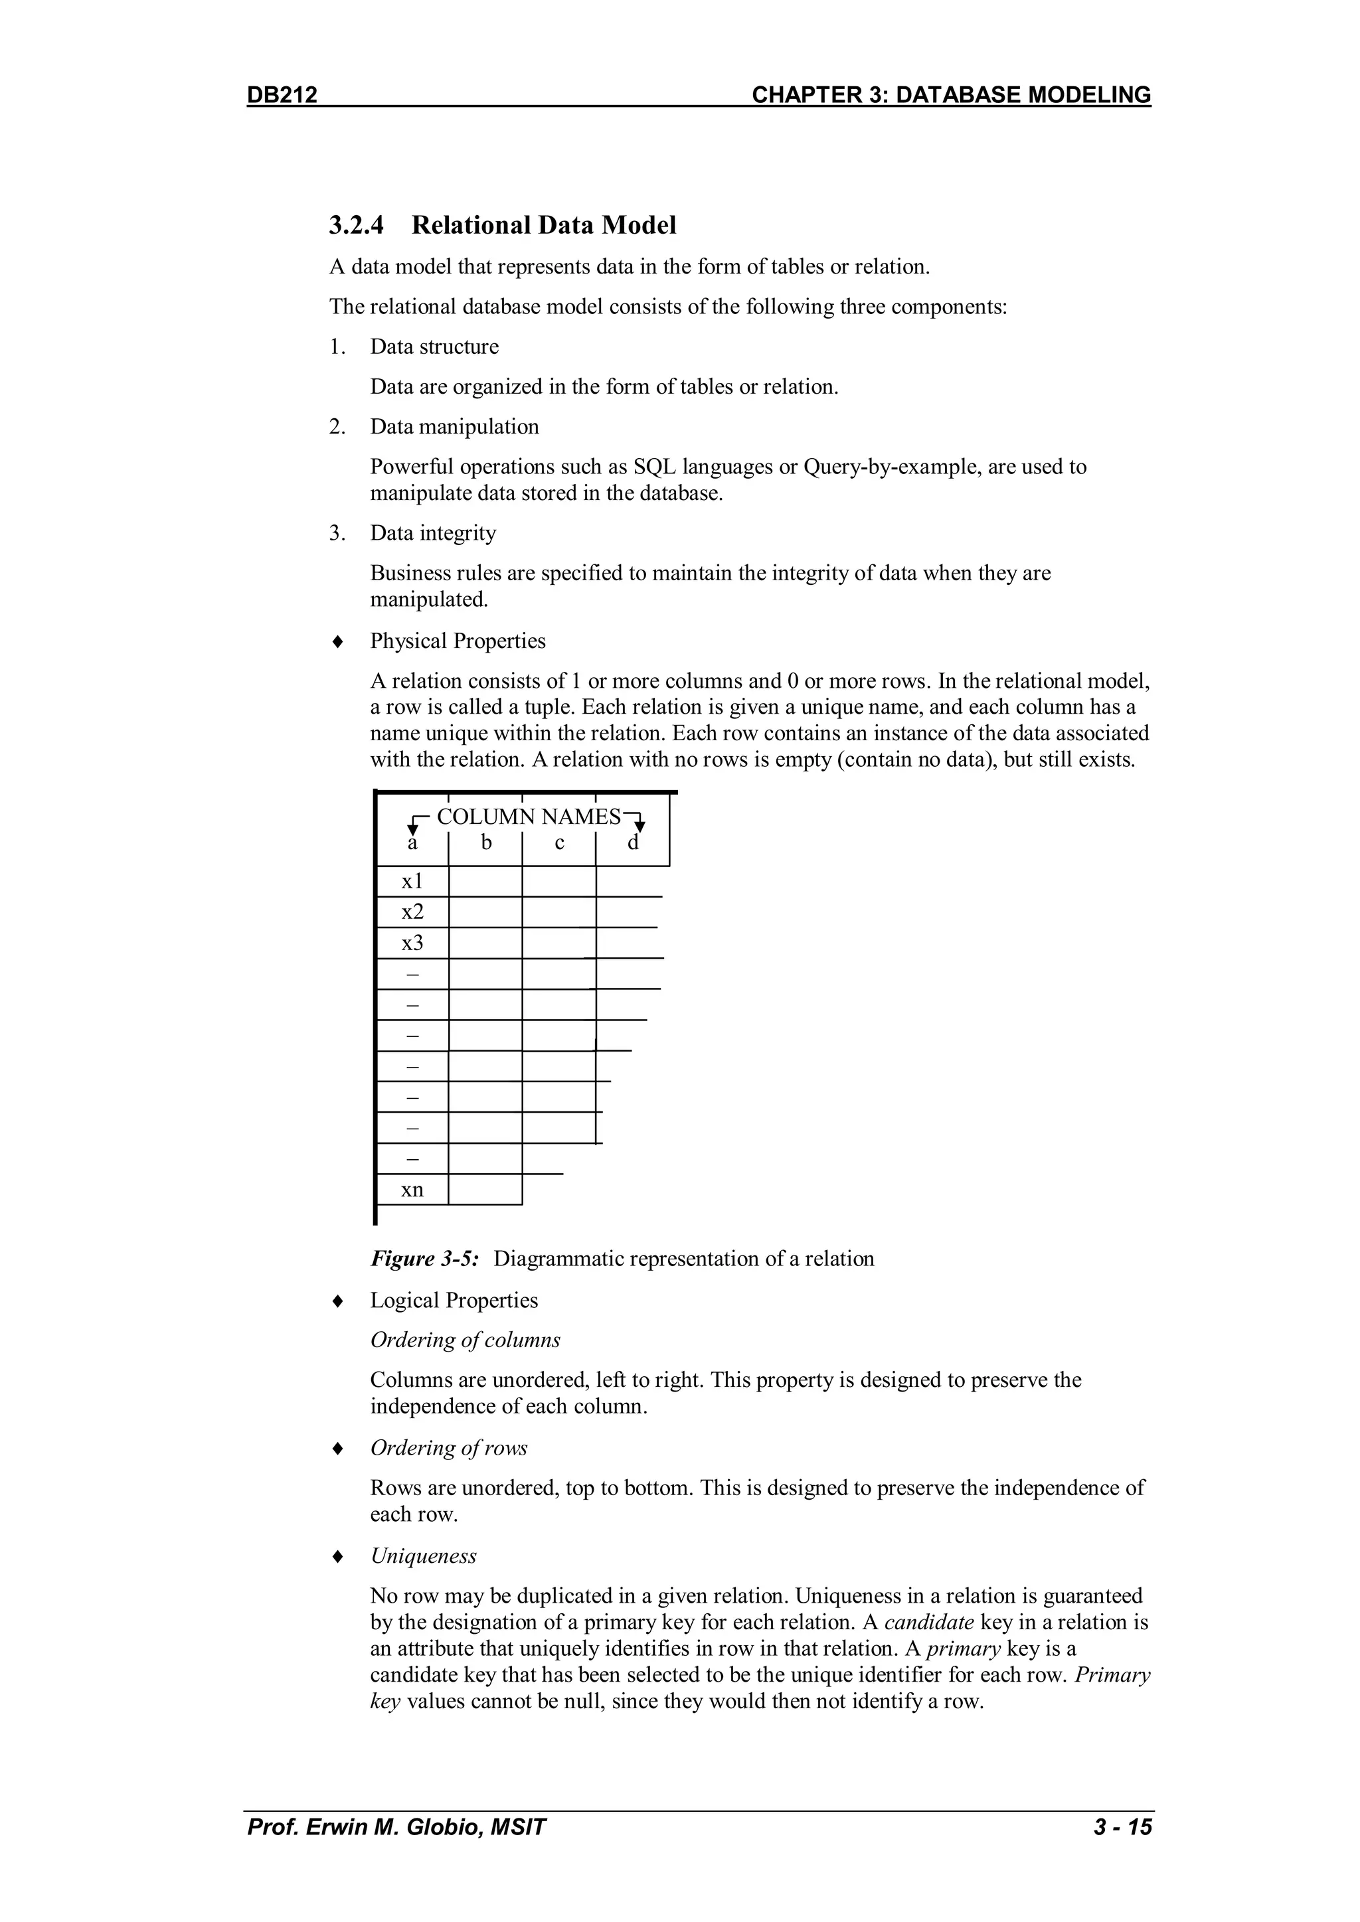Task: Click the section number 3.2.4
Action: coord(356,225)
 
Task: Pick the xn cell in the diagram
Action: coord(412,1190)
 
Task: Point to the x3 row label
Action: coord(412,943)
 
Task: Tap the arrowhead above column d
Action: coord(639,827)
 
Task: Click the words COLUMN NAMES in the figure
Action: coord(529,817)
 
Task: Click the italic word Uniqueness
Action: coord(423,1556)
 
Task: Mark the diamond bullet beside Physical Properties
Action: coord(337,642)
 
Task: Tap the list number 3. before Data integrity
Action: coord(337,533)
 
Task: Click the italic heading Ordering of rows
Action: coord(449,1448)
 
